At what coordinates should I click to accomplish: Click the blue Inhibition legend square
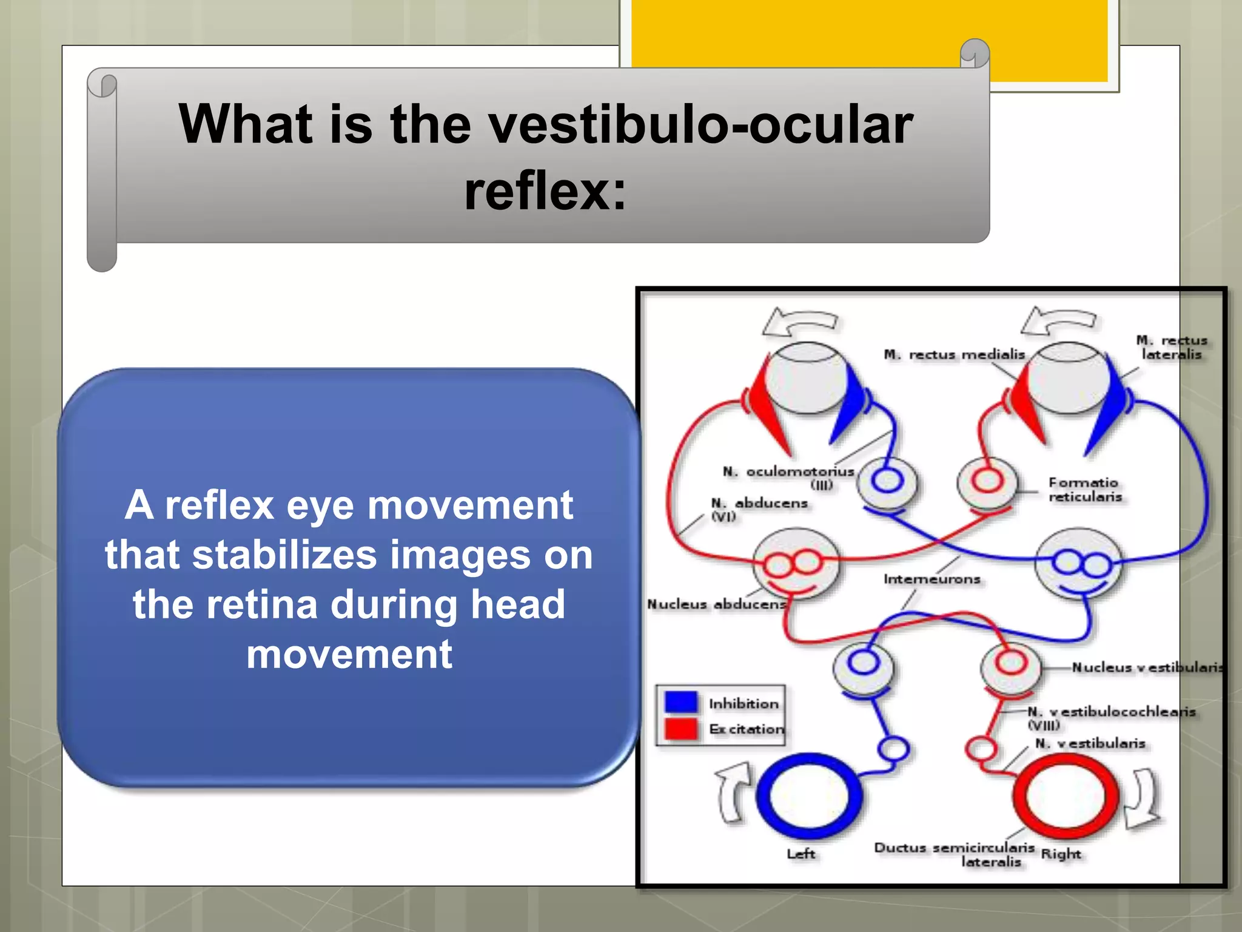pyautogui.click(x=680, y=702)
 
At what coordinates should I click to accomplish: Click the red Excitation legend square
pyautogui.click(x=680, y=729)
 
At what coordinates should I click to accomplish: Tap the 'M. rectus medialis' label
pyautogui.click(x=954, y=354)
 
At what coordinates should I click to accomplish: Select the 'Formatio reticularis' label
pyautogui.click(x=1084, y=490)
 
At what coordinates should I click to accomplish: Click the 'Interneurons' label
pyautogui.click(x=931, y=579)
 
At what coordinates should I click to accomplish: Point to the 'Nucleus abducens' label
pyautogui.click(x=716, y=604)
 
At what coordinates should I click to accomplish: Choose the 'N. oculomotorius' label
pyautogui.click(x=788, y=472)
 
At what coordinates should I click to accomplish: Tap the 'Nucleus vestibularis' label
pyautogui.click(x=1146, y=667)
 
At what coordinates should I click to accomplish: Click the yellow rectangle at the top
pyautogui.click(x=869, y=39)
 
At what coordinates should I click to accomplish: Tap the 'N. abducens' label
pyautogui.click(x=759, y=504)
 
